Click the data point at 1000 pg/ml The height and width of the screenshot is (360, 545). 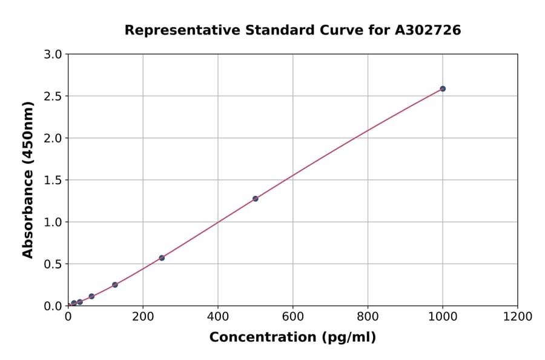[x=443, y=88]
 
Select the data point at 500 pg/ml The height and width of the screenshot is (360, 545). [x=256, y=198]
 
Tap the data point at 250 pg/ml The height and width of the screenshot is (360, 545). [x=162, y=258]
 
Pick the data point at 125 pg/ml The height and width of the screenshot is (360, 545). [x=115, y=285]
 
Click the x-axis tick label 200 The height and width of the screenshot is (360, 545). [x=143, y=316]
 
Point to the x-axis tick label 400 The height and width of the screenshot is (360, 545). [x=218, y=316]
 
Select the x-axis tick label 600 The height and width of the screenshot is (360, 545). [x=293, y=316]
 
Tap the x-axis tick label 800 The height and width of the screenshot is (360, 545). [x=368, y=316]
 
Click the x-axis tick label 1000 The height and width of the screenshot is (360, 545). [x=443, y=316]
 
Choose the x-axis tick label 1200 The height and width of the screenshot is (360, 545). [x=518, y=316]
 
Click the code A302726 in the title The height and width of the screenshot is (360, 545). [x=429, y=30]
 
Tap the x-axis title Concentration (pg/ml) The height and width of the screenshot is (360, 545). [x=292, y=337]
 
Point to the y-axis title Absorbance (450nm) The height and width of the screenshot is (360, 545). [x=28, y=179]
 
